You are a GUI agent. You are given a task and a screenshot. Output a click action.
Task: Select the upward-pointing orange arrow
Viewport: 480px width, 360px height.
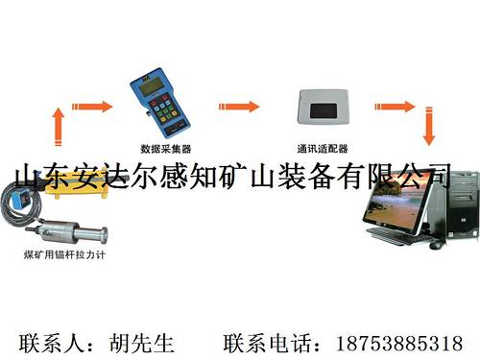point(59,126)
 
